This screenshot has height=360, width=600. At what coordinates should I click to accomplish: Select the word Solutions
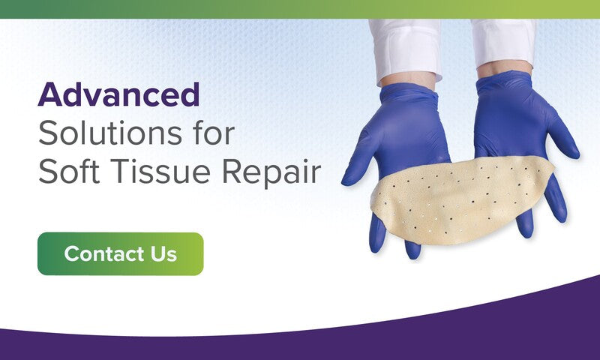pos(109,133)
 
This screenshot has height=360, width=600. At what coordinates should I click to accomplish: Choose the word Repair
pos(271,173)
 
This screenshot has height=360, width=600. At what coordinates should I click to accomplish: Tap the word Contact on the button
pos(104,253)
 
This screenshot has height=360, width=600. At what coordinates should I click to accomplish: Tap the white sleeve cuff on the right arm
pos(503,42)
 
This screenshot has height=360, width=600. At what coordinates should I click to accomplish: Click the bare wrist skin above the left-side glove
pos(408,79)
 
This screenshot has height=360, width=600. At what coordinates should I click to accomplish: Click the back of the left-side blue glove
pos(409,130)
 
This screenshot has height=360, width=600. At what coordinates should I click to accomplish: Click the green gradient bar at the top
pos(300,9)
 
